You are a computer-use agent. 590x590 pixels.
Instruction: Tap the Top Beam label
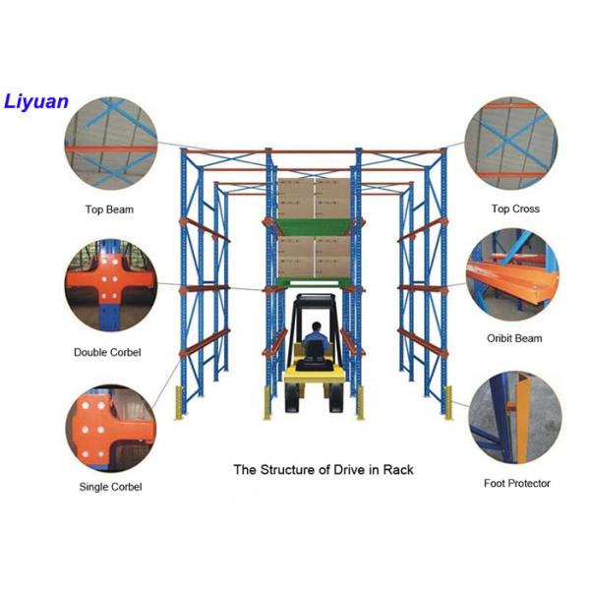click(x=109, y=209)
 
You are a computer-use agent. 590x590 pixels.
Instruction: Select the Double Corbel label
click(x=107, y=352)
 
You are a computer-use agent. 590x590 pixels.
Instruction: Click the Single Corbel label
click(x=110, y=487)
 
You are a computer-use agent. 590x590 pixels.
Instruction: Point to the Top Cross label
click(x=515, y=209)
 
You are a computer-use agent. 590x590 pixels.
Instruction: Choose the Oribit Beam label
click(x=514, y=339)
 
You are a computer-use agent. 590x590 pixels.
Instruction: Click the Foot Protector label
click(x=517, y=483)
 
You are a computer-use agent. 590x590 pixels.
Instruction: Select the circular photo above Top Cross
click(x=510, y=144)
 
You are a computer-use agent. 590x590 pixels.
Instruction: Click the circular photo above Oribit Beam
click(x=509, y=277)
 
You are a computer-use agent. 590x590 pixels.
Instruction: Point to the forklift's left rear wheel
click(x=293, y=398)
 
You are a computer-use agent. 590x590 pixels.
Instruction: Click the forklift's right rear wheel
click(x=337, y=398)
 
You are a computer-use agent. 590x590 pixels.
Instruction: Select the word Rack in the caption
click(x=397, y=469)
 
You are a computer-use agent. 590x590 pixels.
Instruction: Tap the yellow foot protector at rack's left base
click(x=180, y=401)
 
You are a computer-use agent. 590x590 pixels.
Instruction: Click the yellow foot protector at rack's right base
click(x=449, y=401)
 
